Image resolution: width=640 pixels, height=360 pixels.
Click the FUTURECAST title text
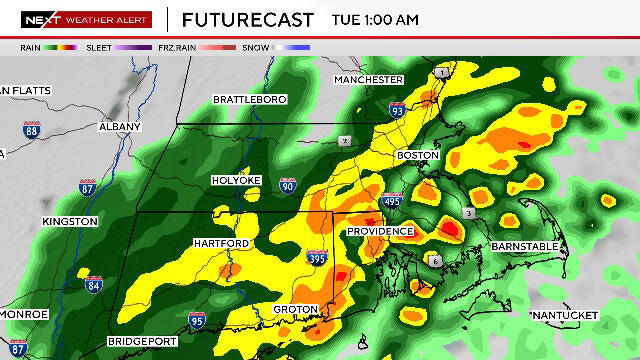point(247,20)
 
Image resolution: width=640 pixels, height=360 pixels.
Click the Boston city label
point(418,155)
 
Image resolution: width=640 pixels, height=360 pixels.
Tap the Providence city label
point(380,231)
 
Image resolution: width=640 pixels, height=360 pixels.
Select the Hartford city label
point(221,243)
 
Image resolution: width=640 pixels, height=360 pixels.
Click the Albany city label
point(120,127)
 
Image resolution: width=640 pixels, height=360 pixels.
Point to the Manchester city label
point(368,79)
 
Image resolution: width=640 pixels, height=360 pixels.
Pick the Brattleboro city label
point(250,99)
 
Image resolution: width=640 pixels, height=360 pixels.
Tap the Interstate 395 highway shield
point(317,259)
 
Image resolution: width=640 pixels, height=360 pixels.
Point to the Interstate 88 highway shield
point(32,130)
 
